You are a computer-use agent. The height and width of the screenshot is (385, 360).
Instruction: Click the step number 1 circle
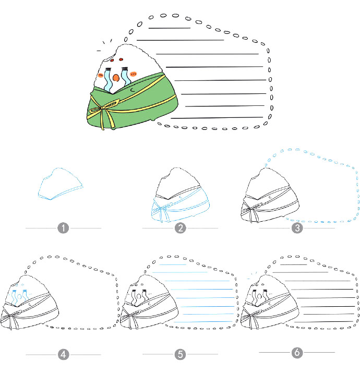[x=63, y=228]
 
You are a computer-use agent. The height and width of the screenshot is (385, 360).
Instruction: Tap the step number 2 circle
[x=180, y=228]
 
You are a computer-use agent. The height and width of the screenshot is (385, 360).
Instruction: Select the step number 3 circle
[x=297, y=228]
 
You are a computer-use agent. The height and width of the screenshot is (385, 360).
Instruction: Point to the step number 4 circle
[x=63, y=355]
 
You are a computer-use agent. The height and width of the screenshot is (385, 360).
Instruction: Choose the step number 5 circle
[x=180, y=354]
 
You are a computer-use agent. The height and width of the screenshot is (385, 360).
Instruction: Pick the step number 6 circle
[x=297, y=353]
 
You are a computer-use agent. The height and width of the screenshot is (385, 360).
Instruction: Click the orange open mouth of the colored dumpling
[x=116, y=78]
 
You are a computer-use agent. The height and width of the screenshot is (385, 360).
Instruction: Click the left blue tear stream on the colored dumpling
[x=108, y=79]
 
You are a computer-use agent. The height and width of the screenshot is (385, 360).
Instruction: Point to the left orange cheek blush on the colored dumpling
[x=101, y=75]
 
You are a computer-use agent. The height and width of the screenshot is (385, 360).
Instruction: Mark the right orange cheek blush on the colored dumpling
[x=134, y=74]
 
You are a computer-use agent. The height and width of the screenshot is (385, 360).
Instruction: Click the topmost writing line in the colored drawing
[x=170, y=28]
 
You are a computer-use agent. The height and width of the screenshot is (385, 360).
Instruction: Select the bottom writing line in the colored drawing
[x=217, y=117]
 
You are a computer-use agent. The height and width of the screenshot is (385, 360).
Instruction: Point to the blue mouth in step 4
[x=19, y=297]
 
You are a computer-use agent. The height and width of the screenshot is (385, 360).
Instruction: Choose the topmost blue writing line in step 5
[x=173, y=264]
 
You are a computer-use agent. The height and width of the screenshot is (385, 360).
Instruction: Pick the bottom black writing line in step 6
[x=324, y=321]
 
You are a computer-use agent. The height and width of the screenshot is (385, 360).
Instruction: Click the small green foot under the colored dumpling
[x=153, y=119]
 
